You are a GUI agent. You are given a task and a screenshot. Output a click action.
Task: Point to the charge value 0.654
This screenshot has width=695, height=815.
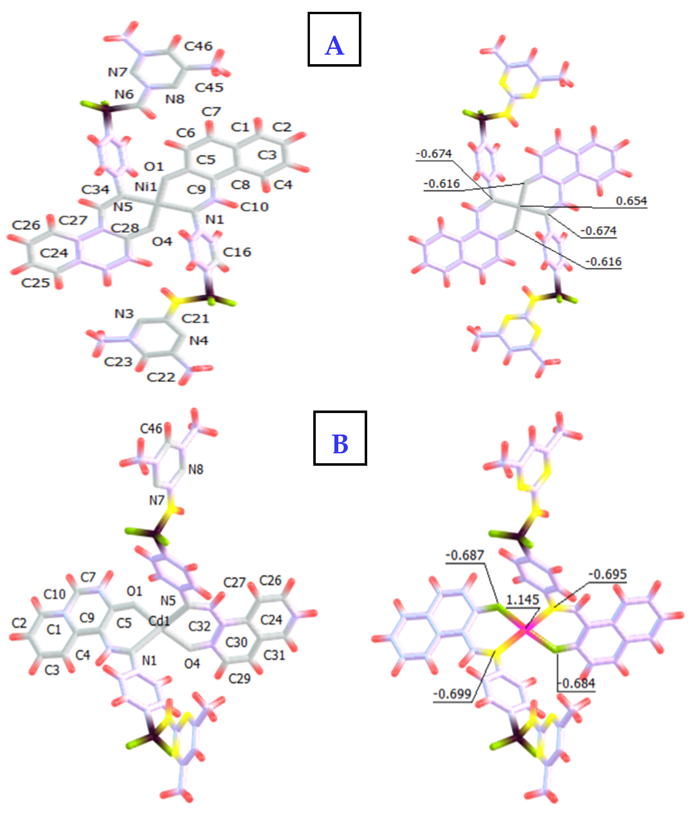[631, 201]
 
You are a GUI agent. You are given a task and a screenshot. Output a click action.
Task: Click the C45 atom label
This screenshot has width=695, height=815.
[209, 87]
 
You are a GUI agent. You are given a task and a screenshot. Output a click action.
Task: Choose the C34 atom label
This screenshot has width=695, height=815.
[95, 190]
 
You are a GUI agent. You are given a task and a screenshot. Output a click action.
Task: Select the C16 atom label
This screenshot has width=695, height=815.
[237, 252]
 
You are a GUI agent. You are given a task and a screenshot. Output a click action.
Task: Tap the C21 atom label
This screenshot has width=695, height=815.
[195, 318]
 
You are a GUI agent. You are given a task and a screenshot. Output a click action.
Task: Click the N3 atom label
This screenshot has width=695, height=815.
[124, 314]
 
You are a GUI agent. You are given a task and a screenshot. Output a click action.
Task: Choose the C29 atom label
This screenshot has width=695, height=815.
[239, 678]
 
